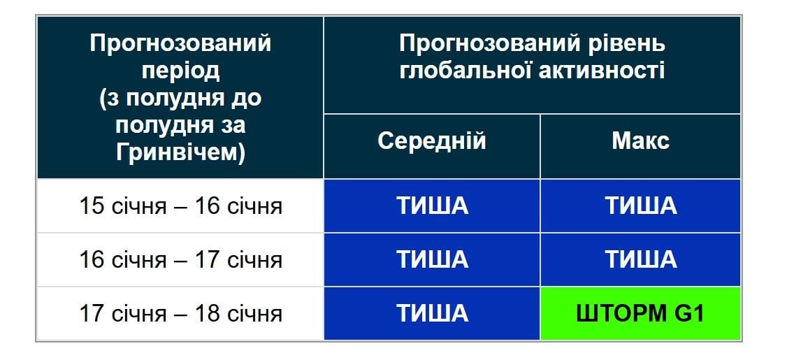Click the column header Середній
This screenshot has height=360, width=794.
pyautogui.click(x=431, y=141)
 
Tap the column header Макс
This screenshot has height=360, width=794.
pyautogui.click(x=640, y=141)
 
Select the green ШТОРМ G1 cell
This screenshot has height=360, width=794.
pyautogui.click(x=640, y=313)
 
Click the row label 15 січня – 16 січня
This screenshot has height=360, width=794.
pyautogui.click(x=180, y=207)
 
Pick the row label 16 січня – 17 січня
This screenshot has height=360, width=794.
pyautogui.click(x=180, y=260)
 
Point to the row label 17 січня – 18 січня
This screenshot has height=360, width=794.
pyautogui.click(x=180, y=313)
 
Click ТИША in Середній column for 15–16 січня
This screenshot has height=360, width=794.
pyautogui.click(x=431, y=206)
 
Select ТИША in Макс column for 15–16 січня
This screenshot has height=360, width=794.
pyautogui.click(x=640, y=206)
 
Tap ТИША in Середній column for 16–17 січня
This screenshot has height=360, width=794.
pyautogui.click(x=431, y=259)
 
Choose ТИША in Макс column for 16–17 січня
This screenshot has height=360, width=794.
pyautogui.click(x=640, y=259)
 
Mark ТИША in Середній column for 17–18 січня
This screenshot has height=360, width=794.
pyautogui.click(x=431, y=313)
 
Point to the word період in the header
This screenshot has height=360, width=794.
pyautogui.click(x=180, y=71)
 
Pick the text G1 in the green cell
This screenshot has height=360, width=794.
pyautogui.click(x=688, y=313)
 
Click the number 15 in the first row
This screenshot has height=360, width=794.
pyautogui.click(x=92, y=207)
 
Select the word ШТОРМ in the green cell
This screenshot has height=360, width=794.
pyautogui.click(x=621, y=313)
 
